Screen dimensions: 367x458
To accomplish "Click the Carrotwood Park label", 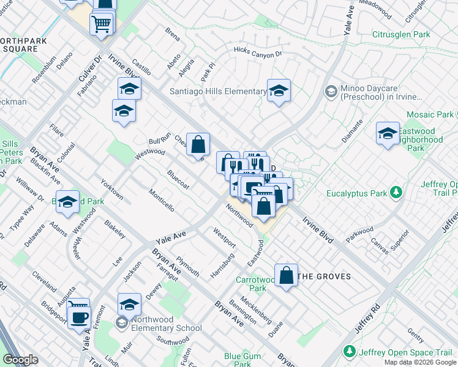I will pyautogui.click(x=251, y=284).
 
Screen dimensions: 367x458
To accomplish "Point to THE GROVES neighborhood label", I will pyautogui.click(x=324, y=276).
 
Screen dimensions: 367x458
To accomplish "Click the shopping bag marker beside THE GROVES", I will pyautogui.click(x=286, y=275).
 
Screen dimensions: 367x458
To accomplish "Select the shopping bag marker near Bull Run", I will pyautogui.click(x=198, y=144).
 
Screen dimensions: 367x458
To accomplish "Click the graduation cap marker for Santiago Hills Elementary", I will pyautogui.click(x=279, y=91).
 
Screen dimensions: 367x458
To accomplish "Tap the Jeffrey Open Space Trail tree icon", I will pyautogui.click(x=350, y=352).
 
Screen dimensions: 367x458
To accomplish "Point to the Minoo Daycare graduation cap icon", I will pyautogui.click(x=331, y=91).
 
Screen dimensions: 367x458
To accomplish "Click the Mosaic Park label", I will pyautogui.click(x=429, y=114).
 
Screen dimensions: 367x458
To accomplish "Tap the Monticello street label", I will pyautogui.click(x=161, y=200).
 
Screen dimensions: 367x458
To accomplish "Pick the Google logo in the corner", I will pyautogui.click(x=20, y=360).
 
